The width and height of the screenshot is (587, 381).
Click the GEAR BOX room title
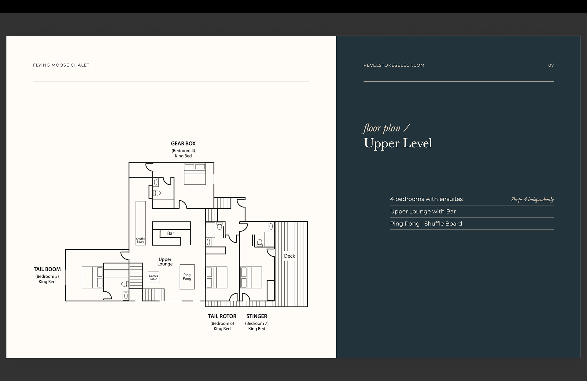point(183,144)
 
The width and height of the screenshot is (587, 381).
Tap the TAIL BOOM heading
point(47,269)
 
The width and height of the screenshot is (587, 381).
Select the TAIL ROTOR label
point(222,316)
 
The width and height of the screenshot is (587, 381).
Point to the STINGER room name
point(257,316)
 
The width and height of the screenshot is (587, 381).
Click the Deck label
point(290,256)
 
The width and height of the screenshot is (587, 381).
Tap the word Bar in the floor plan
point(171,233)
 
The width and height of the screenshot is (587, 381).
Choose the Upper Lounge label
point(165,262)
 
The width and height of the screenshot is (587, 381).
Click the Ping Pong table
point(187,277)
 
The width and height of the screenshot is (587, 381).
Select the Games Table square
point(153,277)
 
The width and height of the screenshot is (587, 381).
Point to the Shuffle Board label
point(141,240)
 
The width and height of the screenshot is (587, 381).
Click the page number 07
point(551,65)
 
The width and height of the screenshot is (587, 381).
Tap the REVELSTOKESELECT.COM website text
point(394,65)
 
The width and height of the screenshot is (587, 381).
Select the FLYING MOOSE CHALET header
point(61,65)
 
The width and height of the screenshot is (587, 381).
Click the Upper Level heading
point(398,143)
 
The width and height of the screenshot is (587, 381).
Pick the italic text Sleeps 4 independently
point(532,200)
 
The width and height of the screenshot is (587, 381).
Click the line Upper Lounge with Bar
point(423,211)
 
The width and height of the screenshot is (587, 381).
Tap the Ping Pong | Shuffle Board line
point(426,224)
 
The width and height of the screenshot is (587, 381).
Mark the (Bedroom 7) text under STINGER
point(257,323)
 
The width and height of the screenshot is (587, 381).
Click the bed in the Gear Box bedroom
point(195,174)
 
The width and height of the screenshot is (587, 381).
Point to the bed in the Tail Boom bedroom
point(92,277)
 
